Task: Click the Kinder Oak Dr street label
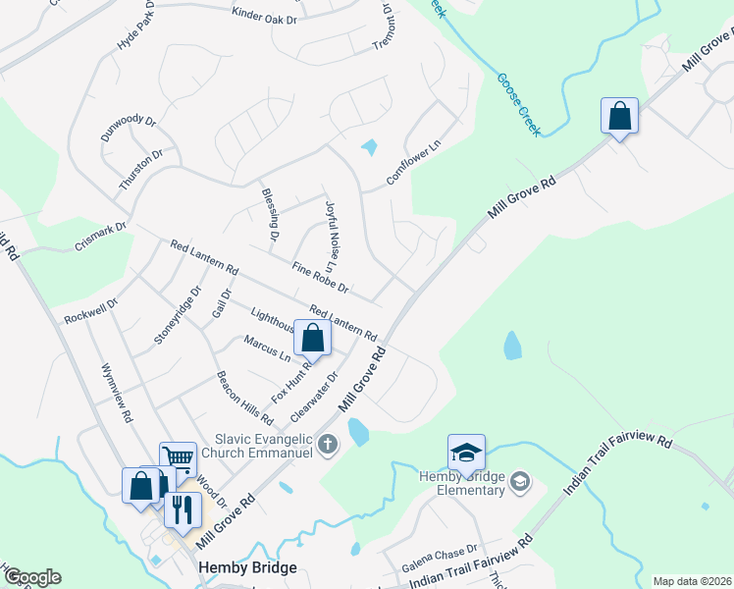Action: [264, 15]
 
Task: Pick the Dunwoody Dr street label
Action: [129, 128]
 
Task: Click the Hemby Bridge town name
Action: [240, 567]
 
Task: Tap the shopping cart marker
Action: [178, 457]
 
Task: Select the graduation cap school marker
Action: [467, 452]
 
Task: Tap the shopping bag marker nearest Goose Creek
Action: [619, 115]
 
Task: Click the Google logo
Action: [31, 577]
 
